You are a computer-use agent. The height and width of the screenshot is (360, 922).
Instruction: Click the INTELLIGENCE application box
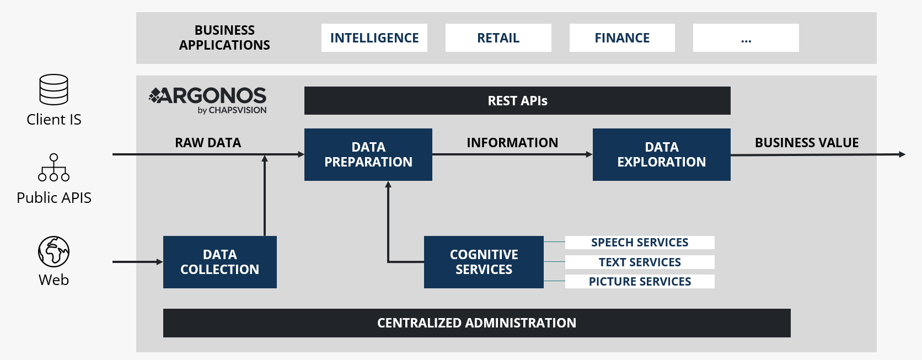point(374,38)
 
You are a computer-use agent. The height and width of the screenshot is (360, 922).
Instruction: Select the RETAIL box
point(498,38)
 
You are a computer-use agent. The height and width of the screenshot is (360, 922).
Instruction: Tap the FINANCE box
point(622,38)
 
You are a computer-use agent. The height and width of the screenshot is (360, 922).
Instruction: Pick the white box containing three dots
point(746,38)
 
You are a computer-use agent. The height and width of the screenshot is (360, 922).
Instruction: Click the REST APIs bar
point(517,100)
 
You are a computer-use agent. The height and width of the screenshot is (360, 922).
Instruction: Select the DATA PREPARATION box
point(368,154)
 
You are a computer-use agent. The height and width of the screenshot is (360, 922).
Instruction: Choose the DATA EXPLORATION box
point(662,154)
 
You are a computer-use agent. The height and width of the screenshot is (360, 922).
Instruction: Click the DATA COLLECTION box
point(220,262)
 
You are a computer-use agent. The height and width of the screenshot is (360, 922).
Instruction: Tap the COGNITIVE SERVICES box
point(484,262)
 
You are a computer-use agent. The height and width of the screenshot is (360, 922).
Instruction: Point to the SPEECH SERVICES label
point(640,243)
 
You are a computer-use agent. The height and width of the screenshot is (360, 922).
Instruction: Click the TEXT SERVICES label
point(640,262)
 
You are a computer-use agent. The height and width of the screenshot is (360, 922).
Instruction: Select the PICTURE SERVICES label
point(640,281)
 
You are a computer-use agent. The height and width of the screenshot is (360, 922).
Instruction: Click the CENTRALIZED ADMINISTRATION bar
point(476,323)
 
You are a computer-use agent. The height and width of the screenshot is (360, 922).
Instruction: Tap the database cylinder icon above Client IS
point(53,89)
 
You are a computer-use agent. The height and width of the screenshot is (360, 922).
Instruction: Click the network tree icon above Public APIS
point(53,168)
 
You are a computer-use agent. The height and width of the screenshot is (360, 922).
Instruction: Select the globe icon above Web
point(53,251)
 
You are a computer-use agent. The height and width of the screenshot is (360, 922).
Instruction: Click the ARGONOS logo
point(207,100)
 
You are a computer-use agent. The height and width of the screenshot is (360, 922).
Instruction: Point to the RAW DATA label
point(208,142)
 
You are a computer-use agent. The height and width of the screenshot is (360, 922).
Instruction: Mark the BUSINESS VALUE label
point(807,142)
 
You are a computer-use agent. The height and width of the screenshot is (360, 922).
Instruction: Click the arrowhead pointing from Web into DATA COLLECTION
point(160,262)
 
